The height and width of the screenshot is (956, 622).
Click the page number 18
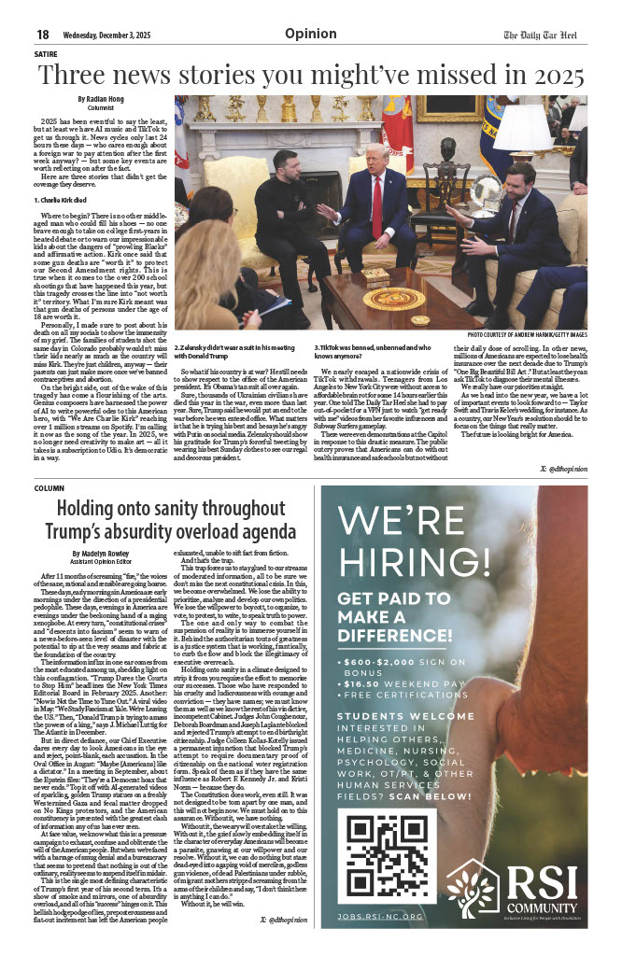(42, 35)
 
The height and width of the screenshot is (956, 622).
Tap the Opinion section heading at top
(311, 34)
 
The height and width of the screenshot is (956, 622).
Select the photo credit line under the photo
(527, 334)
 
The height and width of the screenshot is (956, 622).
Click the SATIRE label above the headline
(45, 54)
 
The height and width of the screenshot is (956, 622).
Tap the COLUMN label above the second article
(49, 487)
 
